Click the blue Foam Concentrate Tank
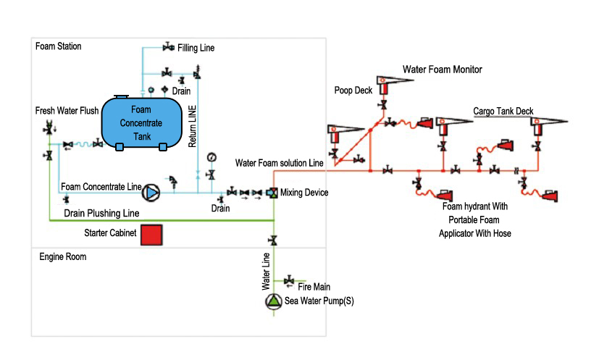(x=141, y=122)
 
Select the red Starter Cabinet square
(x=151, y=235)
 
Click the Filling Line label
(x=196, y=48)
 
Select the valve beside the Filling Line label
(x=167, y=48)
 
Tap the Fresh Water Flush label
(x=67, y=111)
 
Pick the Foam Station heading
(x=59, y=46)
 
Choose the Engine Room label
(x=63, y=256)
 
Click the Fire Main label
(x=314, y=287)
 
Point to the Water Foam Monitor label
(x=442, y=70)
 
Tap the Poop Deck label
(x=353, y=91)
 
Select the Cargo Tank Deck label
(x=503, y=112)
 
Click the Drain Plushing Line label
(x=101, y=214)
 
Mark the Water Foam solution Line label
(x=279, y=163)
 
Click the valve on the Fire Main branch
(x=289, y=280)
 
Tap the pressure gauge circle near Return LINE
(x=211, y=158)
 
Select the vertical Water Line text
(x=266, y=267)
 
